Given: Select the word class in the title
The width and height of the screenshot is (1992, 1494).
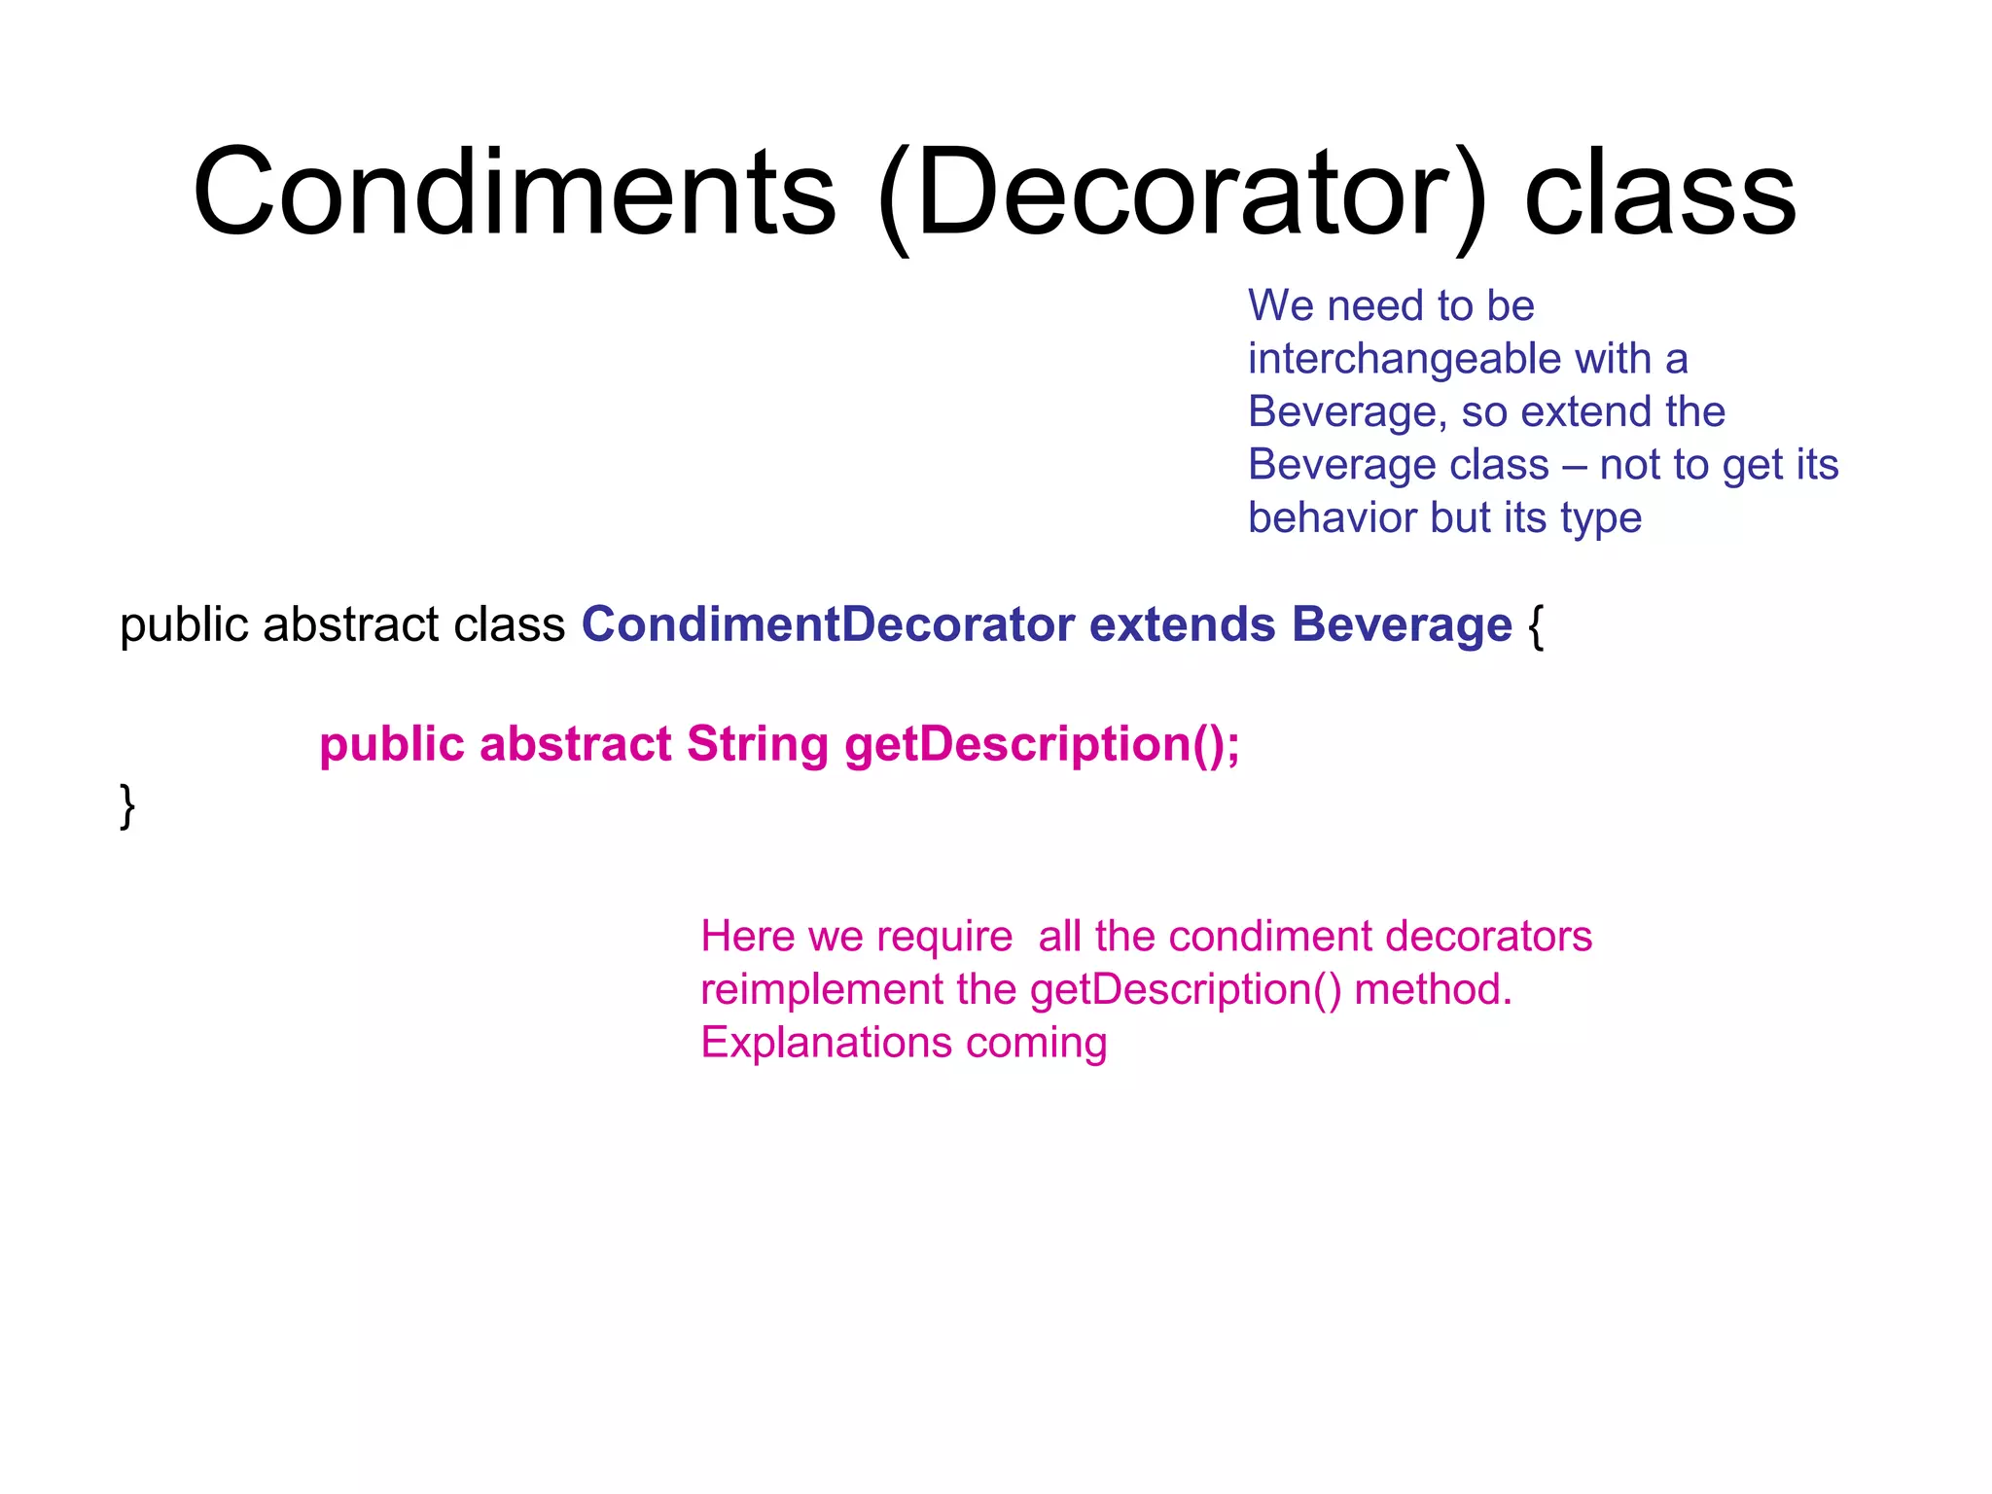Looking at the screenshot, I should [1659, 194].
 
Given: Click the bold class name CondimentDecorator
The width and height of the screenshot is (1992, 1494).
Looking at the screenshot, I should [828, 624].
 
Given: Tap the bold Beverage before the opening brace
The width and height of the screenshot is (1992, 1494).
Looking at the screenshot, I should [1402, 624].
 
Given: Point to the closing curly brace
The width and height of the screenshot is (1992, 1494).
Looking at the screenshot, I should [127, 805].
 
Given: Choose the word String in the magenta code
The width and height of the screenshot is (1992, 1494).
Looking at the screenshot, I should [758, 745].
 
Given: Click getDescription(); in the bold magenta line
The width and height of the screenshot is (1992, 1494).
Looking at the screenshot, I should [1042, 745].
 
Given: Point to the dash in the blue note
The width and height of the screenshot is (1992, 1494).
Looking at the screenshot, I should [1574, 466].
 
